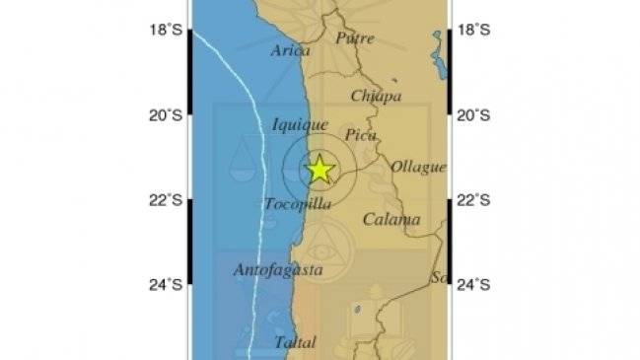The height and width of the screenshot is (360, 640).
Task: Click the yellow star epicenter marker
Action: click(320, 170)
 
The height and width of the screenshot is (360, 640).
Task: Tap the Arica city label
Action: click(291, 51)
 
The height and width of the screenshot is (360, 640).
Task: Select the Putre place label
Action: click(355, 38)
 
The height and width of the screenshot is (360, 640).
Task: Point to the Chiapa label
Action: click(377, 97)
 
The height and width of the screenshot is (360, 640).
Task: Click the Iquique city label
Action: click(300, 125)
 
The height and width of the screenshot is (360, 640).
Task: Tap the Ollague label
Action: click(418, 167)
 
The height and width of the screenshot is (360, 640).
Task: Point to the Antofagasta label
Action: click(277, 268)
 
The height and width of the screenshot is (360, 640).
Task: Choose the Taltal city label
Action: click(296, 343)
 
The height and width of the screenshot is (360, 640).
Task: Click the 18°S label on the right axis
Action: click(473, 31)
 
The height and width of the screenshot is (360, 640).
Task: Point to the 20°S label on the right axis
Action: click(473, 115)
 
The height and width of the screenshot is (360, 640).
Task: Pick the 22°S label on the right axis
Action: click(473, 201)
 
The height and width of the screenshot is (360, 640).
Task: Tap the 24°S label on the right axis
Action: click(473, 286)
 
